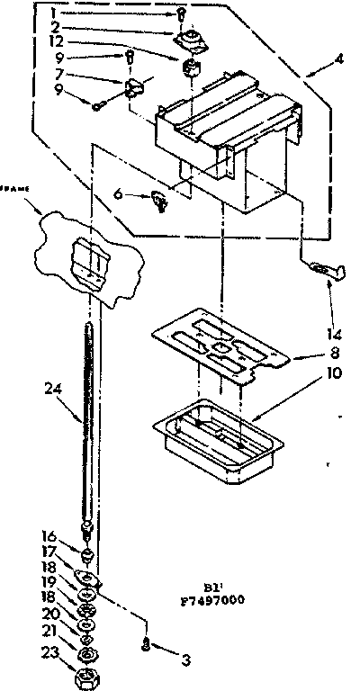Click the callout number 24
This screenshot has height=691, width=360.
pyautogui.click(x=53, y=389)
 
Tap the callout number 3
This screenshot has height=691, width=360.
pyautogui.click(x=186, y=660)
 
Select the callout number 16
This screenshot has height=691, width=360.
pyautogui.click(x=52, y=533)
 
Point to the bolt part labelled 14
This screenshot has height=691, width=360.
pyautogui.click(x=323, y=266)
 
